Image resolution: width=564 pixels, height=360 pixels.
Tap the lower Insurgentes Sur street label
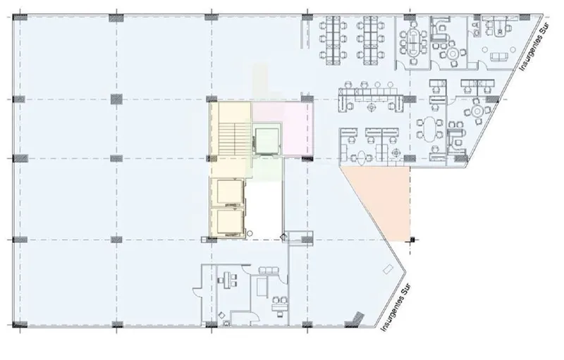click(x=395, y=308)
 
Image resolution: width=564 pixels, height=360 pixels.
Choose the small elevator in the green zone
click(x=266, y=140)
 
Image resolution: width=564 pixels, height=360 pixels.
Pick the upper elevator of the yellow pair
click(x=231, y=192)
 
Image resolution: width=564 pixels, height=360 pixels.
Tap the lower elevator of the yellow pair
click(x=231, y=223)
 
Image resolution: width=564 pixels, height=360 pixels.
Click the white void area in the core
click(x=266, y=209)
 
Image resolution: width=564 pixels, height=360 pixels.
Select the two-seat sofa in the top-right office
click(x=499, y=57)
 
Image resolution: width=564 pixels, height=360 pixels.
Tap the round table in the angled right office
click(x=477, y=111)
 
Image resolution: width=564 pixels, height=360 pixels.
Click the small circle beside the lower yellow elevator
click(x=250, y=233)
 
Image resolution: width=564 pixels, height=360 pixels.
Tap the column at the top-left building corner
click(x=20, y=17)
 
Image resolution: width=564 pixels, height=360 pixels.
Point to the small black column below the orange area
click(x=412, y=240)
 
